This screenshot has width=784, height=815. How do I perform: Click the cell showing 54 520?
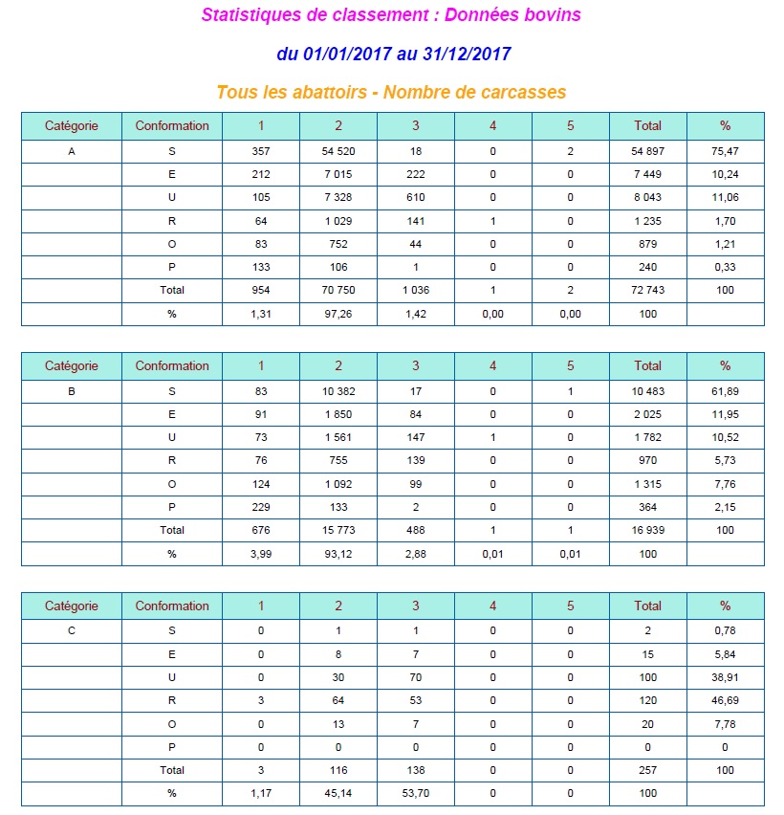tap(338, 151)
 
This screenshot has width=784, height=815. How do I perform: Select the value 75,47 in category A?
tap(725, 151)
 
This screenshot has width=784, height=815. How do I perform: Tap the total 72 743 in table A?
tap(647, 290)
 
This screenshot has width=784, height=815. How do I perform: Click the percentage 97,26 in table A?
tap(338, 314)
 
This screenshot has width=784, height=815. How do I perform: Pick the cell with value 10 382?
tap(338, 391)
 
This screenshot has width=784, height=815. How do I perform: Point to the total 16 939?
tap(647, 530)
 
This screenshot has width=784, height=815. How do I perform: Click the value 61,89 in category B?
tap(725, 391)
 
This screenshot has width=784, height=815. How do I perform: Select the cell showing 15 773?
tap(338, 530)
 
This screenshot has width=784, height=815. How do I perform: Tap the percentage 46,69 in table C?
tap(725, 700)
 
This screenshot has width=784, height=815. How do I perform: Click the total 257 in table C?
tap(647, 770)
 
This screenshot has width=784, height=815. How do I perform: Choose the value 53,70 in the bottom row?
tap(415, 793)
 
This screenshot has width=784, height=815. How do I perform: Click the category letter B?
tap(72, 391)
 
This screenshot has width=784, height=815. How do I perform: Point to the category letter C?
tap(72, 631)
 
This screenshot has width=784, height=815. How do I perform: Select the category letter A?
tap(72, 151)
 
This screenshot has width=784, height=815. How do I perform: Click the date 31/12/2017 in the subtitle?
tap(467, 54)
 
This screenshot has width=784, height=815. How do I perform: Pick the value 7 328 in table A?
tap(338, 197)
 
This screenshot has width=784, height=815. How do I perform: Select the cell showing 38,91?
tap(725, 677)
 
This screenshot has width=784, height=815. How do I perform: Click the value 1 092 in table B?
tap(338, 484)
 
